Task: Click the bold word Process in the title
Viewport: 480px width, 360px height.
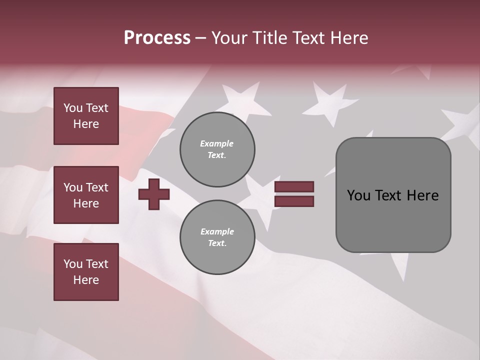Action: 157,38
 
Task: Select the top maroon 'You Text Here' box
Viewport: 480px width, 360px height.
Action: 86,116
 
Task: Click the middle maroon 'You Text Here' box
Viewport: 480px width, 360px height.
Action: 86,195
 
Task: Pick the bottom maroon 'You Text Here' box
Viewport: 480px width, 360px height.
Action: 86,272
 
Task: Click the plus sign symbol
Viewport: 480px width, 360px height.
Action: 154,194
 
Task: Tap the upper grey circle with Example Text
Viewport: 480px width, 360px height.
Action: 217,149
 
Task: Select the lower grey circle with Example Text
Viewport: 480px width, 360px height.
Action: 217,237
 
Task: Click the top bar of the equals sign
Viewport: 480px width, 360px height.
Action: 294,186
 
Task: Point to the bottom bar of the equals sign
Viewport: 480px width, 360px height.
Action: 294,201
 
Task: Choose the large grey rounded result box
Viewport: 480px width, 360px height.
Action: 393,195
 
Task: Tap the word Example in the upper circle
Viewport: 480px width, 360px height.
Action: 217,143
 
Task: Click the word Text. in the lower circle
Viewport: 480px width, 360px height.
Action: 217,243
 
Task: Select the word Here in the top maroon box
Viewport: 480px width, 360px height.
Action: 86,124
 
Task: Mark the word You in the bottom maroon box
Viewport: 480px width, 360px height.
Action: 73,264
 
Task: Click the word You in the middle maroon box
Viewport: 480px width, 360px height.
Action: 73,187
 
